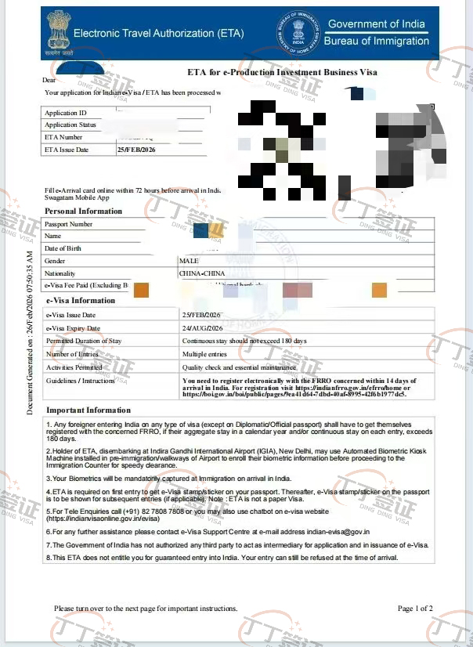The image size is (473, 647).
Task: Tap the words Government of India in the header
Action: click(376, 24)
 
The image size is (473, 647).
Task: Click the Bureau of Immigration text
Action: click(376, 41)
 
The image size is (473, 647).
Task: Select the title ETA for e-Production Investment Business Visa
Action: click(282, 72)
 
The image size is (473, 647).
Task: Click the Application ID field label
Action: click(66, 113)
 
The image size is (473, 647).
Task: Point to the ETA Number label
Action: click(63, 137)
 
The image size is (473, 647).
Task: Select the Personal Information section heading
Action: click(84, 211)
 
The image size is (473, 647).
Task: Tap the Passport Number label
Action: click(69, 224)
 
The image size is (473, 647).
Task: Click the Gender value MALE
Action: click(190, 261)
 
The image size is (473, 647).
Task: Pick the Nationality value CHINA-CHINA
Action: click(203, 273)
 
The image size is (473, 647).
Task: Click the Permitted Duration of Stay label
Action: click(84, 341)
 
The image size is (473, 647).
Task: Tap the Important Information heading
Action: click(88, 410)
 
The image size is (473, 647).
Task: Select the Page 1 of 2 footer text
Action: click(415, 608)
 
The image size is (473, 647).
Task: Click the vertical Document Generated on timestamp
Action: click(30, 333)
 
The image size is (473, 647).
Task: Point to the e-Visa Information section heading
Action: click(81, 301)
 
